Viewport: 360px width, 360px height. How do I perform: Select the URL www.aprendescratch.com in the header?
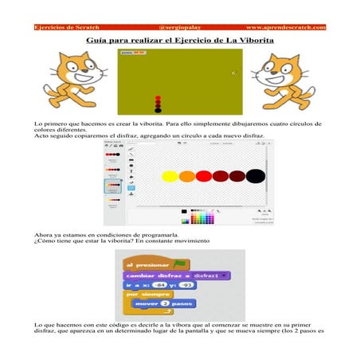click(285, 27)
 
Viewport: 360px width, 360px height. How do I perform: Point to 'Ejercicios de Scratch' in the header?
click(66, 27)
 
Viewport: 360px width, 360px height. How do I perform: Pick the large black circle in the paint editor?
click(256, 175)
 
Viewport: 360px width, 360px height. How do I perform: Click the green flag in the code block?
click(182, 264)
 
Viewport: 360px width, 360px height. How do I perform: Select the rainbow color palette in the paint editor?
click(203, 217)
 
